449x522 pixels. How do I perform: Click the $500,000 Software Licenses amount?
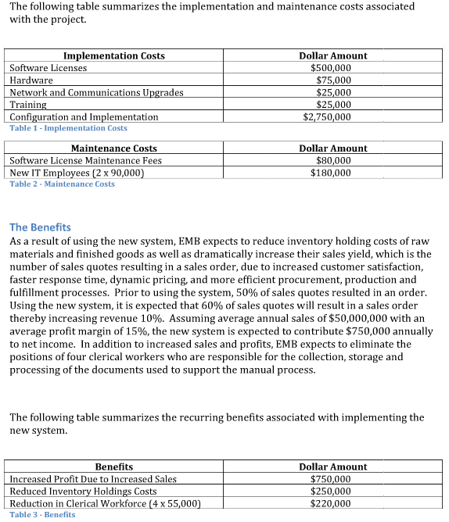point(331,68)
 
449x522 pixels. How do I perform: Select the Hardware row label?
point(31,80)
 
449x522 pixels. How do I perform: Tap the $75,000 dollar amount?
point(333,80)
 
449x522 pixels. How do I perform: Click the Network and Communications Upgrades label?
point(96,92)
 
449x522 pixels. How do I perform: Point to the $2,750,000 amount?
point(326,116)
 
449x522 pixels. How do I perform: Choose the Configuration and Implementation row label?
point(84,116)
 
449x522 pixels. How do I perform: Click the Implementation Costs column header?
point(113,55)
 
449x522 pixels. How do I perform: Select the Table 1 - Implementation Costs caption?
point(68,127)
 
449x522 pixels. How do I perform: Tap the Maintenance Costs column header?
point(113,148)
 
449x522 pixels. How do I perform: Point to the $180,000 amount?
point(331,173)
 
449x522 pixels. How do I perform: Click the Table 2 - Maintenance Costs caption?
point(62,184)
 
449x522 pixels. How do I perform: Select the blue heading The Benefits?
point(40,227)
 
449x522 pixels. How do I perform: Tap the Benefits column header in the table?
point(113,467)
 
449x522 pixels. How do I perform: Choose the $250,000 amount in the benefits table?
point(331,492)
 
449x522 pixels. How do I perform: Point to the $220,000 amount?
point(331,504)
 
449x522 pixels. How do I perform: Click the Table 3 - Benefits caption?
point(42,514)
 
